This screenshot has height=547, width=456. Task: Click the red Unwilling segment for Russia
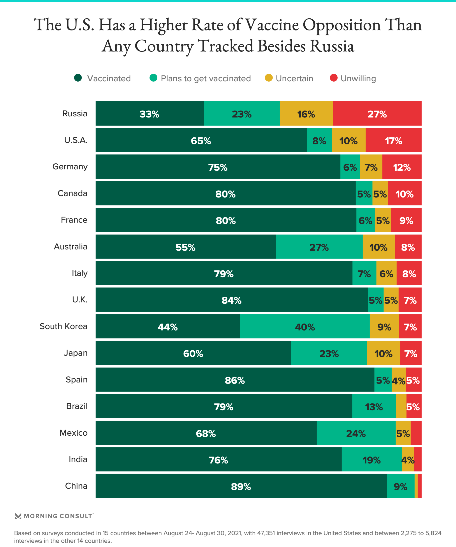pyautogui.click(x=377, y=114)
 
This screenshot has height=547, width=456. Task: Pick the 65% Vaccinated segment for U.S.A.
pyautogui.click(x=201, y=140)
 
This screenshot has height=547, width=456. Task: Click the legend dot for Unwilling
pyautogui.click(x=334, y=78)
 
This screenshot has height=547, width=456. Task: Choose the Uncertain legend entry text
pyautogui.click(x=294, y=78)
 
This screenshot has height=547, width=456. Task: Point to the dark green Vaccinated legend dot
pyautogui.click(x=78, y=78)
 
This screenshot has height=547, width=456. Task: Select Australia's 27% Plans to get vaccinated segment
pyautogui.click(x=319, y=247)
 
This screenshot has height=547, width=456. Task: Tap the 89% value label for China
pyautogui.click(x=241, y=487)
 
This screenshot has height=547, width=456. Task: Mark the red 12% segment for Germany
pyautogui.click(x=401, y=167)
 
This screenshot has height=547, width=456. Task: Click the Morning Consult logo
pyautogui.click(x=54, y=516)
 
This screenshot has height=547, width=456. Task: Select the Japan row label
pyautogui.click(x=76, y=353)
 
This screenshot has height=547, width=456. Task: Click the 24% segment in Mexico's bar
pyautogui.click(x=356, y=433)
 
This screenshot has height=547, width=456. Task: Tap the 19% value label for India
pyautogui.click(x=371, y=460)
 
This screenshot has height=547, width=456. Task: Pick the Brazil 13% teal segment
pyautogui.click(x=374, y=407)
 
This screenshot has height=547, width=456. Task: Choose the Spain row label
pyautogui.click(x=76, y=380)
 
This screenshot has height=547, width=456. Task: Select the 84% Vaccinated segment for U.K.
pyautogui.click(x=231, y=300)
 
